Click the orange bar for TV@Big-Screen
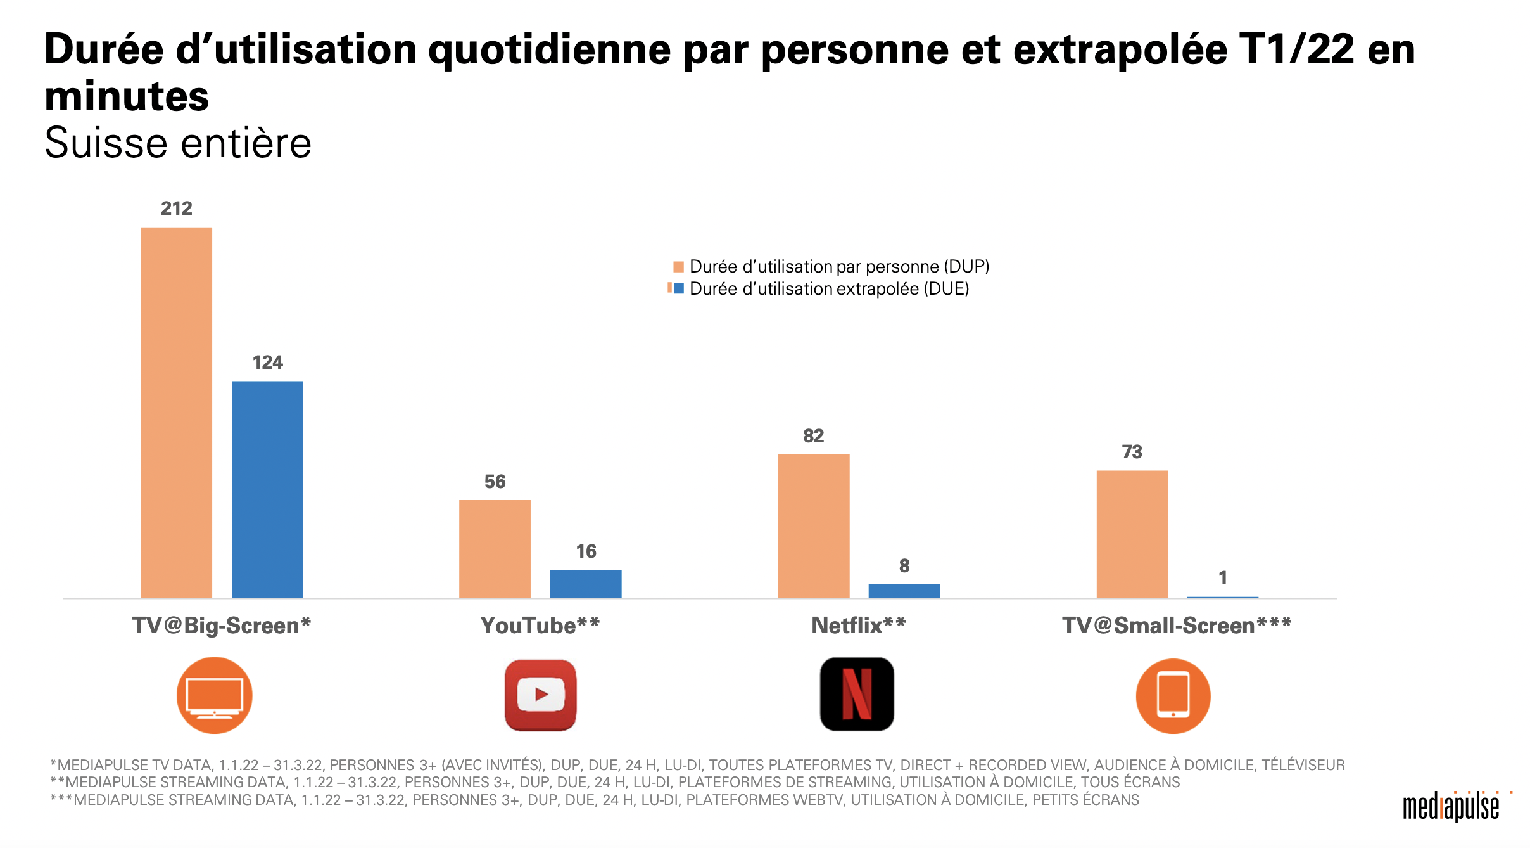[176, 412]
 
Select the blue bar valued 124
[267, 489]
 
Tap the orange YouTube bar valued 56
[495, 549]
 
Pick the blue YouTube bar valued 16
[586, 584]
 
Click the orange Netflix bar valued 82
[813, 526]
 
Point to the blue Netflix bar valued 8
[904, 591]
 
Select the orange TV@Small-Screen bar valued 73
[1132, 534]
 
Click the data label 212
[176, 209]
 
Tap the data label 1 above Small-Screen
[1223, 578]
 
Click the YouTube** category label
[540, 626]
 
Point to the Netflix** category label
[858, 626]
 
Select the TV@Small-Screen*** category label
[1177, 626]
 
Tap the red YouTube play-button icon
[540, 695]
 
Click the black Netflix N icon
[857, 695]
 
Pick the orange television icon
[214, 695]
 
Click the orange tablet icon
[1173, 696]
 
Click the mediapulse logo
[1453, 807]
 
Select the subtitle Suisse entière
[178, 143]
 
